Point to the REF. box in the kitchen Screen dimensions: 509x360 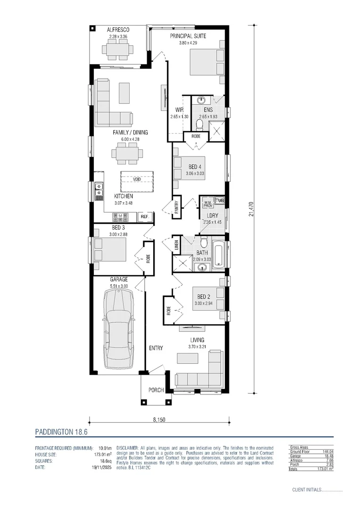(144, 217)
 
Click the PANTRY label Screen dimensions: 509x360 (176, 207)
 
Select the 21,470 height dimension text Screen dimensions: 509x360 (252, 209)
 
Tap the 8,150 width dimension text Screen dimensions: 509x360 (159, 419)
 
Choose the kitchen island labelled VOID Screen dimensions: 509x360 (137, 180)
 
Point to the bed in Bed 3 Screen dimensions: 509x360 (110, 249)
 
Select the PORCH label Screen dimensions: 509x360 (155, 390)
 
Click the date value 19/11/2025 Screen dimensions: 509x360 (100, 468)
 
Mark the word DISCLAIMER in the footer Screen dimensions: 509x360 (127, 447)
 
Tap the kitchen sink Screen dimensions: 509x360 (99, 189)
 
